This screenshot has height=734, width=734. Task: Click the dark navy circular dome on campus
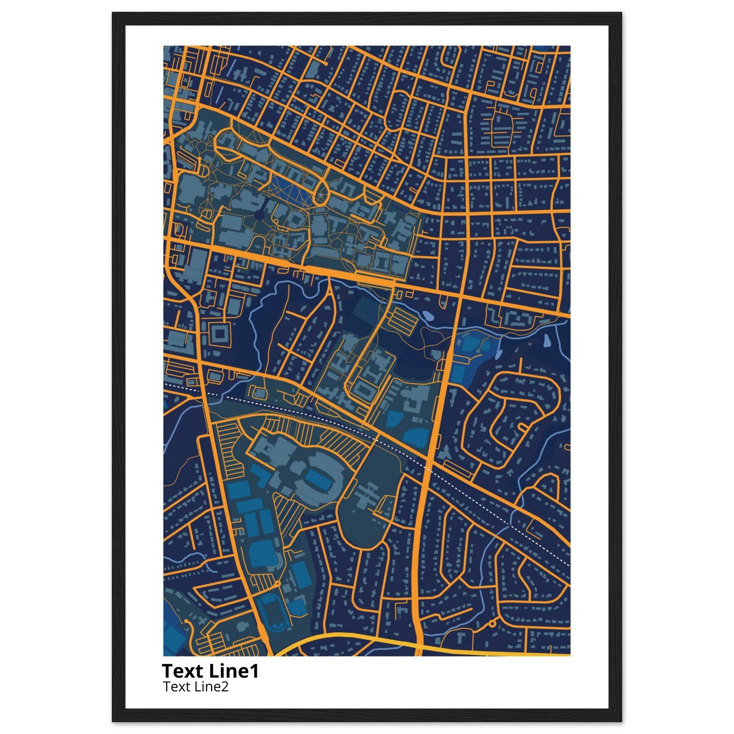[259, 215]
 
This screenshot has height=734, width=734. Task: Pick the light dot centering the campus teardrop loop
[321, 195]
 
